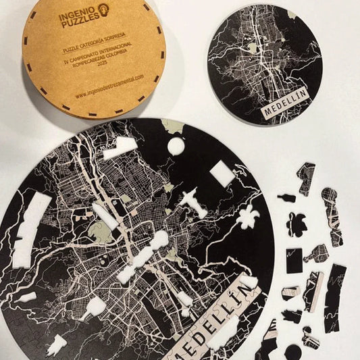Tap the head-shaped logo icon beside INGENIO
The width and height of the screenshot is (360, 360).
(103, 9)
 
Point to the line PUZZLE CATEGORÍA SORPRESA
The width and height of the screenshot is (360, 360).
(91, 49)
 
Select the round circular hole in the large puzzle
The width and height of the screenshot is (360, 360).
(175, 146)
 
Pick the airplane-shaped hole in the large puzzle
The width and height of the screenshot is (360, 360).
(193, 202)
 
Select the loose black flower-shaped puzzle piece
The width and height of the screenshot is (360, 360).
(297, 224)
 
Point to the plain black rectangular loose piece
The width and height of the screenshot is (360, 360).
(294, 261)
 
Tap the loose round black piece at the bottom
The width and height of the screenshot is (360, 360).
(292, 351)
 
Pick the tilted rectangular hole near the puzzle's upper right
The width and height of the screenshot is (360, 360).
(223, 174)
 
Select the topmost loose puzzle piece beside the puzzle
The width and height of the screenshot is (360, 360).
(306, 177)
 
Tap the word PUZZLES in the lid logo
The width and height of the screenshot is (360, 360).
(77, 24)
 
